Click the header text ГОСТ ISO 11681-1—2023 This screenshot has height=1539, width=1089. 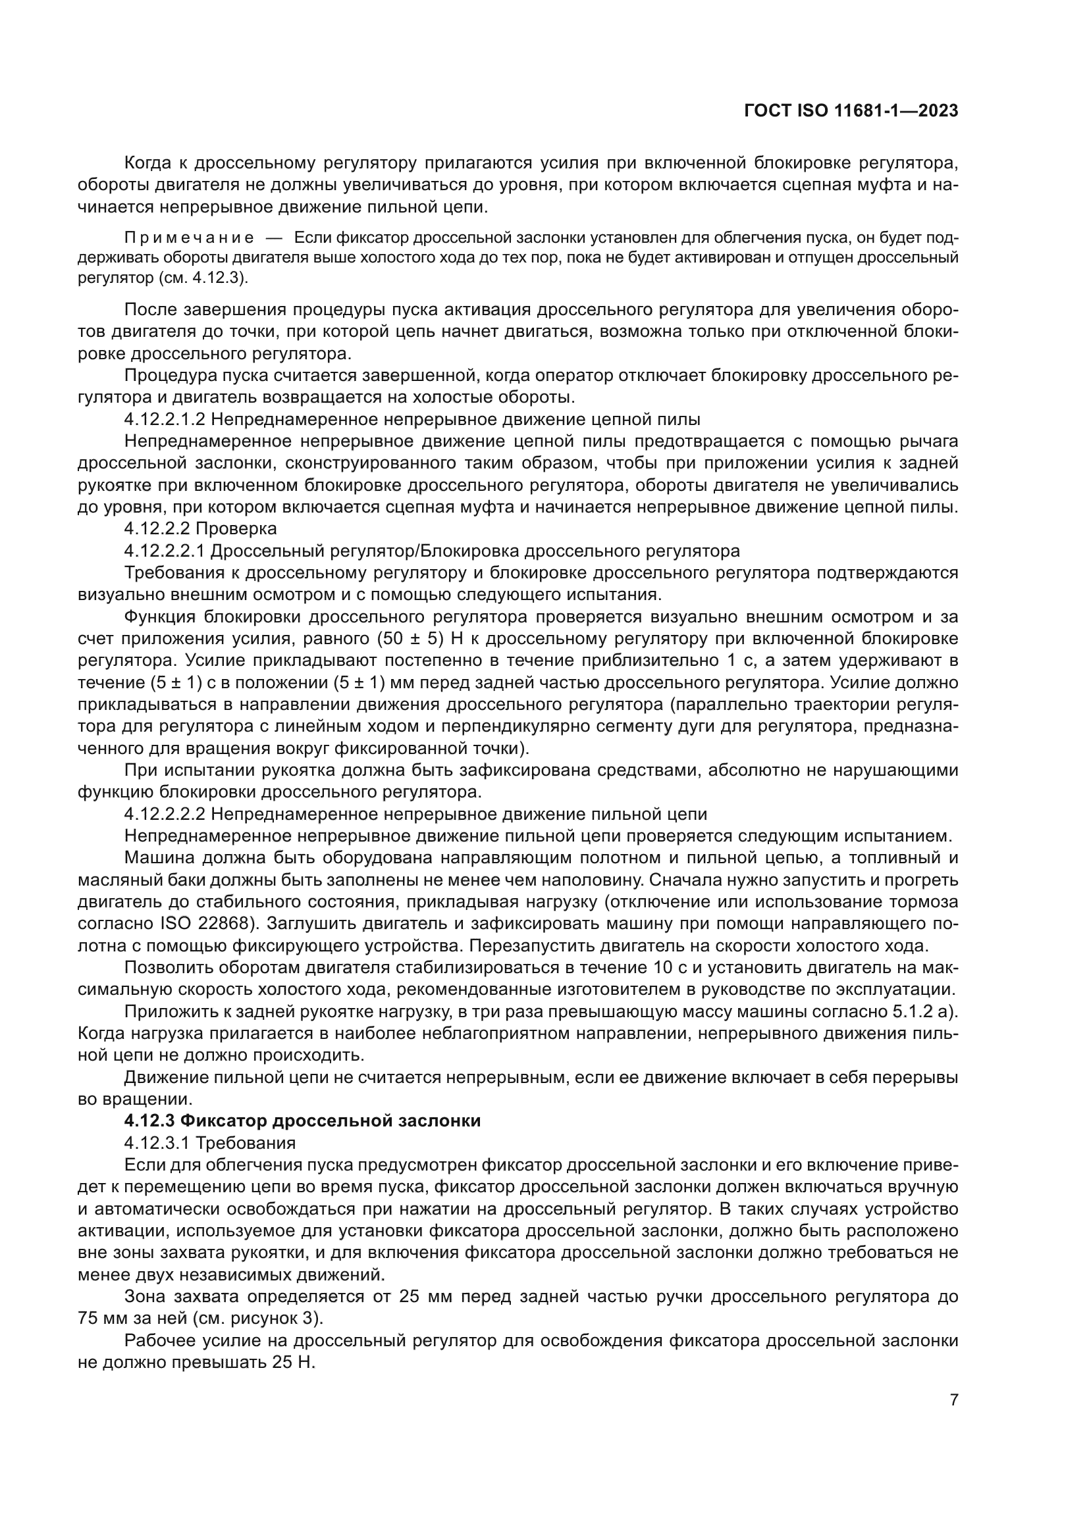851,111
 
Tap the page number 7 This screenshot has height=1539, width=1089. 953,1400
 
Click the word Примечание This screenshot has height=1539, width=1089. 189,238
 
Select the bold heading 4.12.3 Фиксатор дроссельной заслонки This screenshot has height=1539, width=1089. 302,1121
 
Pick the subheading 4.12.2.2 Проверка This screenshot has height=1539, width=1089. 201,529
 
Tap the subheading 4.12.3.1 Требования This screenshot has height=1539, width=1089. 210,1143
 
